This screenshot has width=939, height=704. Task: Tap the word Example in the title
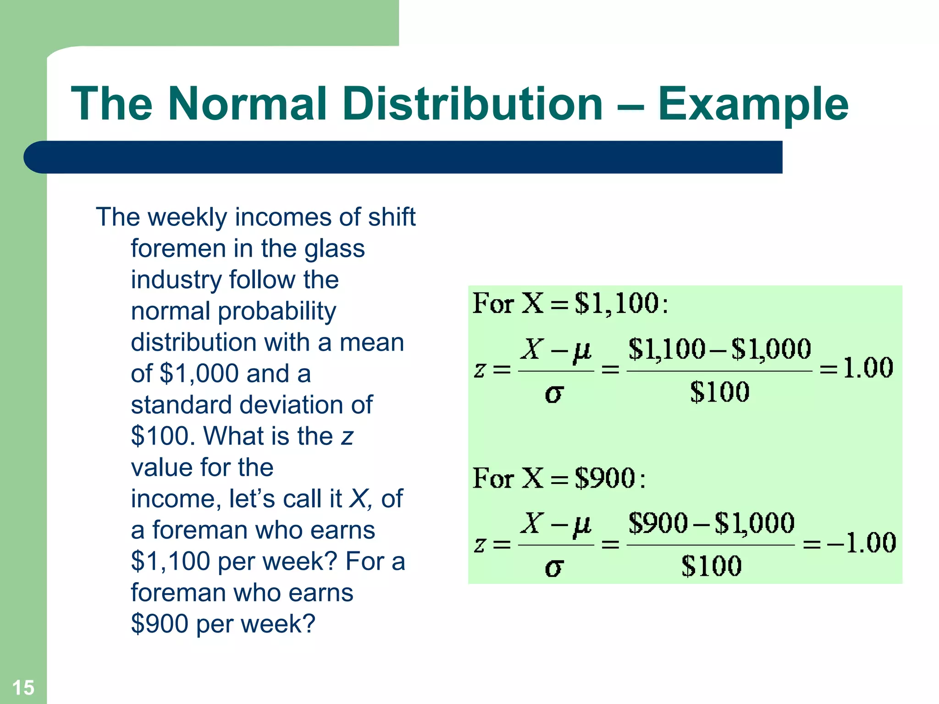pos(753,104)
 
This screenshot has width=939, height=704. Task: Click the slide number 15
pos(23,687)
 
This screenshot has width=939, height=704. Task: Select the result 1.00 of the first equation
pos(868,368)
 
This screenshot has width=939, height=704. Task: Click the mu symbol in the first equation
pos(582,351)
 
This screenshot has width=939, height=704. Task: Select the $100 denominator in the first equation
pos(719,392)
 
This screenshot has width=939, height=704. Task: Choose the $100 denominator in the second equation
pos(711,566)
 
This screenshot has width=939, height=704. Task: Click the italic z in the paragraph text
pos(347,437)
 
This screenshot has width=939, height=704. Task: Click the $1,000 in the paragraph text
pos(199,374)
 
